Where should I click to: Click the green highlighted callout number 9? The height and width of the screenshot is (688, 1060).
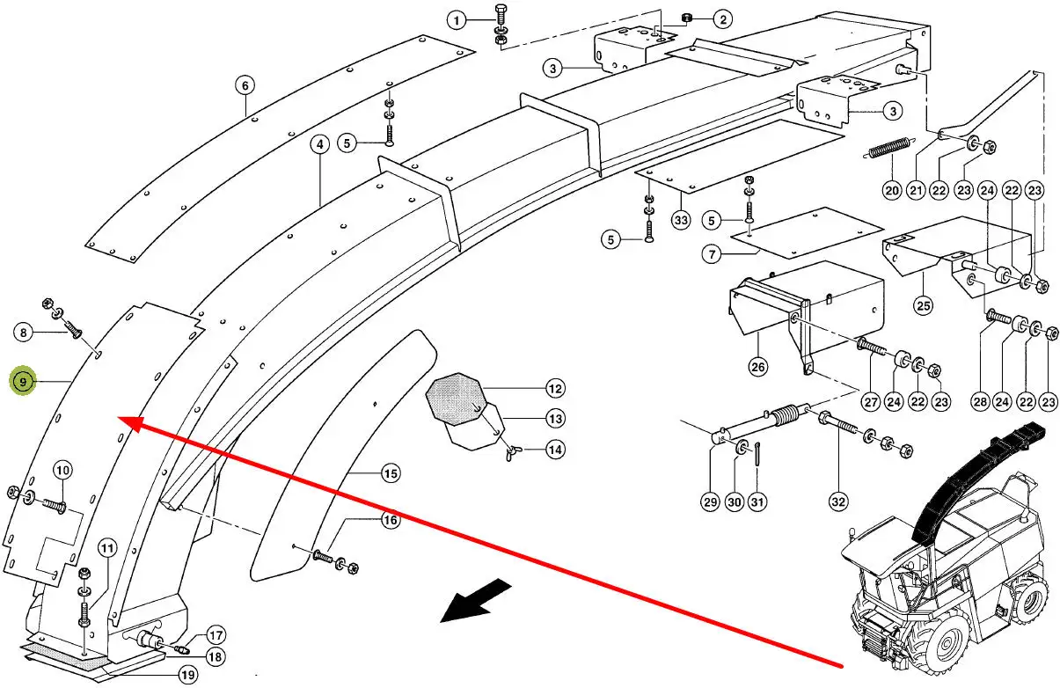click(24, 382)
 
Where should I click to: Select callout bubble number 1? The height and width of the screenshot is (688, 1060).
click(456, 18)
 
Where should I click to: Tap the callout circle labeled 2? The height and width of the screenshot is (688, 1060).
click(721, 18)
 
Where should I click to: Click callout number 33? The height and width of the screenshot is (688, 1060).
click(681, 220)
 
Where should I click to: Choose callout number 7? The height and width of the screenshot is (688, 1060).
click(712, 254)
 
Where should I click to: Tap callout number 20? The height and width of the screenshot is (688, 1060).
click(892, 191)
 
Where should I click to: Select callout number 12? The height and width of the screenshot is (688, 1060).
click(555, 388)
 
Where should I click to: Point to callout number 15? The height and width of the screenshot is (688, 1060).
click(391, 473)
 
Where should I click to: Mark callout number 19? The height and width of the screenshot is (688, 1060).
click(186, 676)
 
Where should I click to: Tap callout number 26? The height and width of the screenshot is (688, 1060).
click(757, 365)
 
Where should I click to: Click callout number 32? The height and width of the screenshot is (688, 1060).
click(837, 501)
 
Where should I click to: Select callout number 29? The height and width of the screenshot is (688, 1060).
click(711, 501)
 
